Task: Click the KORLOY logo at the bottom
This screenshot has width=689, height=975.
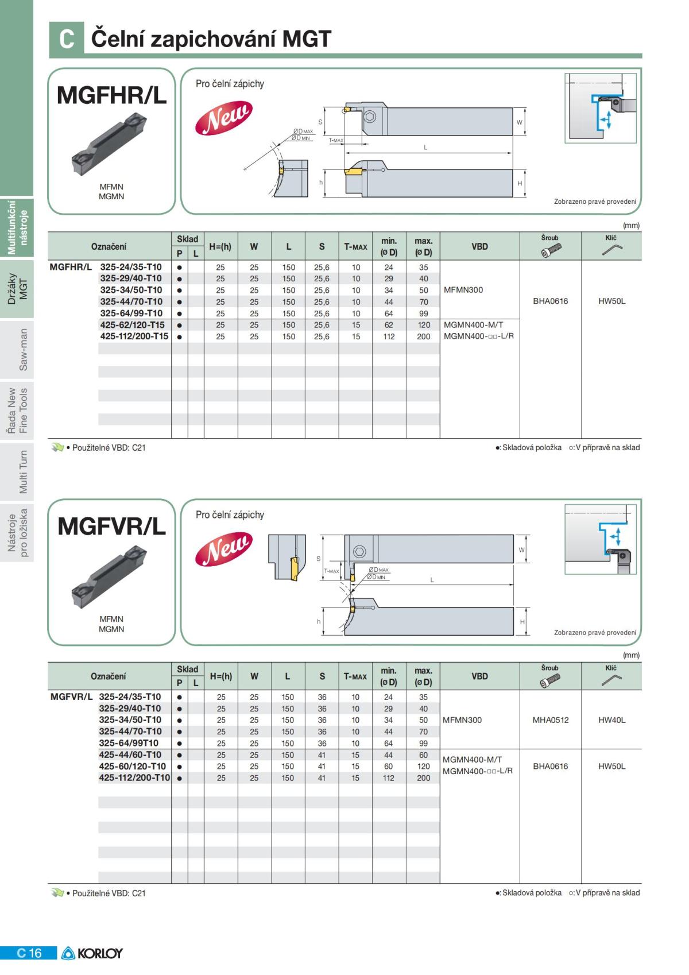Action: tap(92, 953)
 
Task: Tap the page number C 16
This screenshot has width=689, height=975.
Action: tap(29, 953)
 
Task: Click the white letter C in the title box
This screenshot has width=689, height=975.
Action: tap(66, 38)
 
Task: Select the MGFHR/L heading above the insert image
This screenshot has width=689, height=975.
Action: tap(111, 95)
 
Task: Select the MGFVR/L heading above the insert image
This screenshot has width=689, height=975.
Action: tap(111, 526)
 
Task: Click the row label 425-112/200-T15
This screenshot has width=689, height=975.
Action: tap(134, 336)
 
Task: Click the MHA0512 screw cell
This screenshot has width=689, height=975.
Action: tap(550, 720)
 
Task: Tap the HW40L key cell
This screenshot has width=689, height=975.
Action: tap(611, 720)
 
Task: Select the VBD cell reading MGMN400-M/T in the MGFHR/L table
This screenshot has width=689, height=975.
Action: tap(473, 324)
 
